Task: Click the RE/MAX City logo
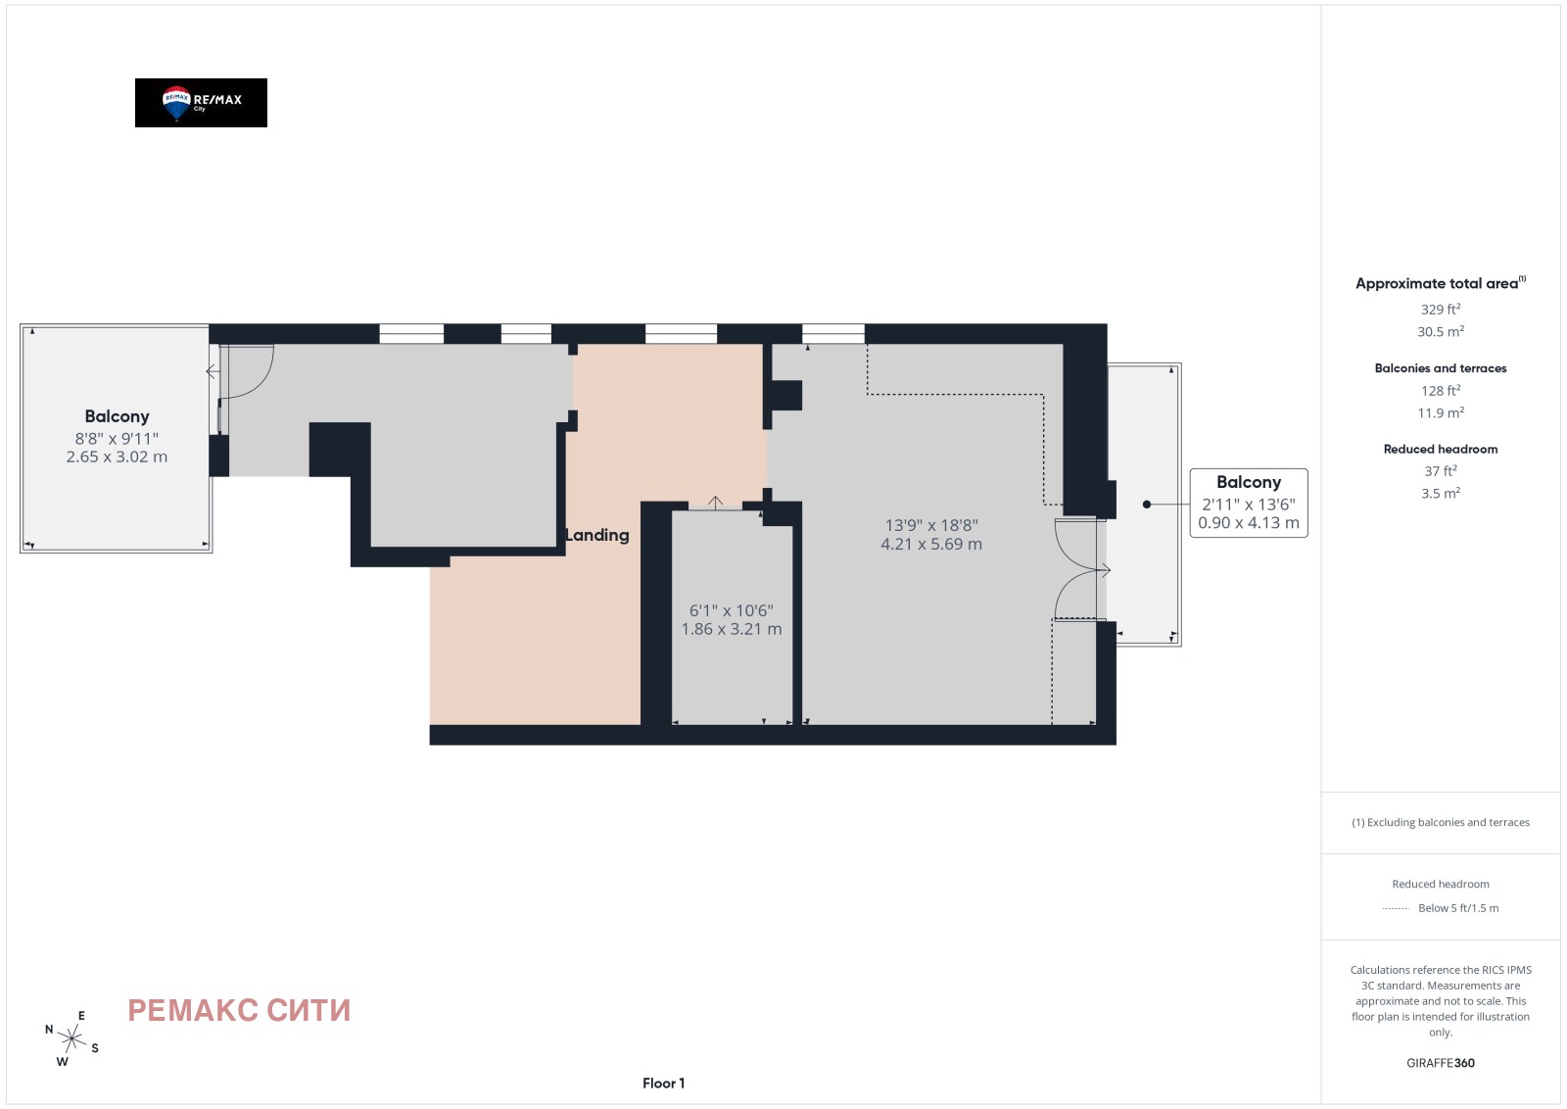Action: (x=201, y=103)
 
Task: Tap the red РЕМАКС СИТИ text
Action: (x=239, y=1010)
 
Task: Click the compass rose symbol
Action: (x=71, y=1039)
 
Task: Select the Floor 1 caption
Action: (x=663, y=1084)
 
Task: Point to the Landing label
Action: (x=596, y=535)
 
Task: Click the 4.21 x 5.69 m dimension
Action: (x=931, y=544)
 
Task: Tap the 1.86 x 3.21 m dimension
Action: (x=731, y=629)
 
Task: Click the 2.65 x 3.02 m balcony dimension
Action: (x=117, y=457)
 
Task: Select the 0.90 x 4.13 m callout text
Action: (x=1249, y=523)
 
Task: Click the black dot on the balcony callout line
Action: (x=1147, y=504)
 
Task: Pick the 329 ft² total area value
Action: (x=1441, y=310)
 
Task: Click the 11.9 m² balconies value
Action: (x=1441, y=412)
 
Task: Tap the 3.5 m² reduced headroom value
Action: (x=1441, y=494)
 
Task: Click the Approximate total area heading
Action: (x=1441, y=283)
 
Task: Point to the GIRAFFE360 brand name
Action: (x=1441, y=1063)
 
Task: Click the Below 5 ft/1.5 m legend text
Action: (x=1458, y=908)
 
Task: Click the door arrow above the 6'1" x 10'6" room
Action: (x=715, y=502)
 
